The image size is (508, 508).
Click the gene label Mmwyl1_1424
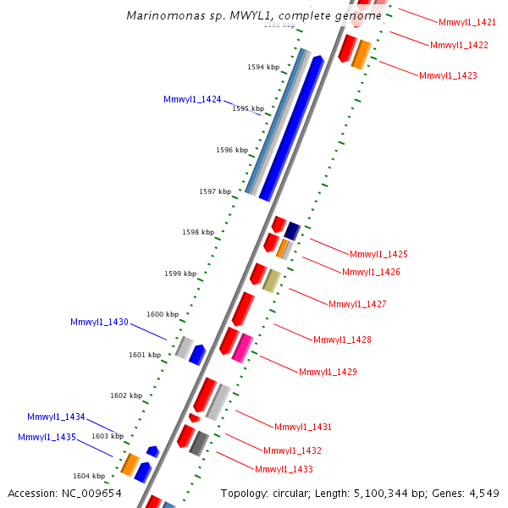pos(192,99)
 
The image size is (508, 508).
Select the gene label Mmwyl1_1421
pos(467,21)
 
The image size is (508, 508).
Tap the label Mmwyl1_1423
pos(448,75)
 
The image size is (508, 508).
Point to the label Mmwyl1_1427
pos(357,304)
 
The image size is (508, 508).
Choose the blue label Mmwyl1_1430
pos(99,322)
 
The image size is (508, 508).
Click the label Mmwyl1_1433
pos(284,469)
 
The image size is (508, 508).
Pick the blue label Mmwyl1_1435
pos(47,437)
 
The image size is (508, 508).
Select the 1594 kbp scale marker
pos(262,66)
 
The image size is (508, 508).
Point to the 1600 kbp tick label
pos(162,314)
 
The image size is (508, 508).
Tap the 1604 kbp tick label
pos(88,476)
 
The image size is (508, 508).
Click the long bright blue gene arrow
pos(292,127)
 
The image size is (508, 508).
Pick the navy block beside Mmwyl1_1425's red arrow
pos(292,229)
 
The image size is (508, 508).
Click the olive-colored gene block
pos(271,280)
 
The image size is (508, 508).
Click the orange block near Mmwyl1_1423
pos(361,53)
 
